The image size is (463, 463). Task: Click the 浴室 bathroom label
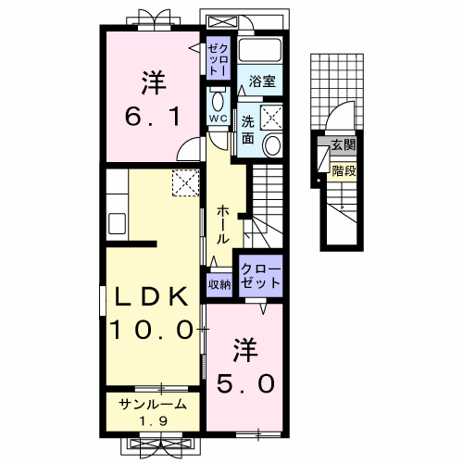point(262,82)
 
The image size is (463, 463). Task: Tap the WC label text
point(218,119)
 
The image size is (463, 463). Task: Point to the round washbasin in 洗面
point(273,144)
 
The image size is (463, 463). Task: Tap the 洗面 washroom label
point(248,128)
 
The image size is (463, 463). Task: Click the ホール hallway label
point(224,225)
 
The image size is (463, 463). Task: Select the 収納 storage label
point(219,283)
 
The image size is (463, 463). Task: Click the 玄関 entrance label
point(344,145)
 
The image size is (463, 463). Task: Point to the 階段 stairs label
point(344,170)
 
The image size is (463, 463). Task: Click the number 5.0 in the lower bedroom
point(244,382)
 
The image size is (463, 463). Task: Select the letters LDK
point(154,297)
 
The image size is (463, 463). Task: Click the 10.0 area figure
point(154,329)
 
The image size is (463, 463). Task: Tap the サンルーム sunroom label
point(154,404)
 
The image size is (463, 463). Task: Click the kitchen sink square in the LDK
point(118,223)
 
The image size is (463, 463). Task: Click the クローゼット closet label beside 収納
point(259,276)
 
